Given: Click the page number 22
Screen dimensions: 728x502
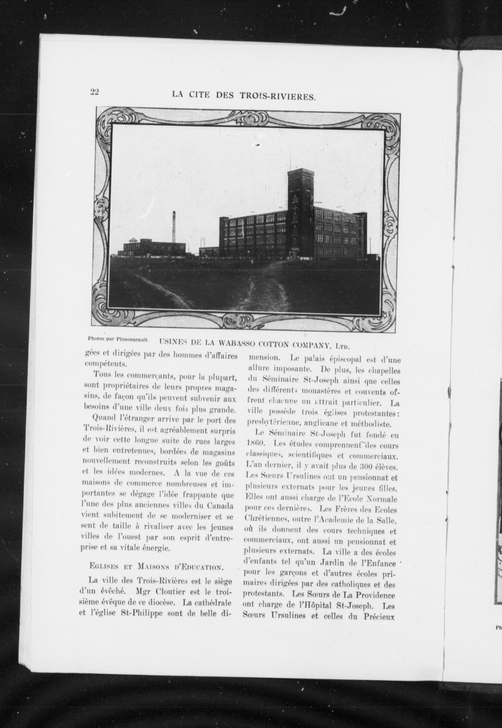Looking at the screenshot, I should tap(95, 92).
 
